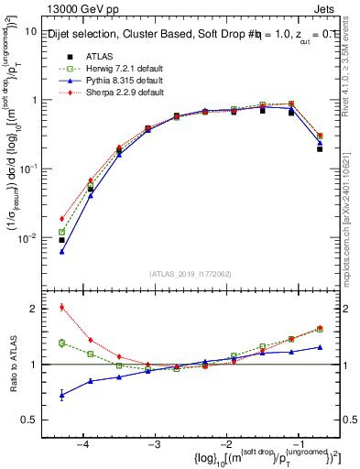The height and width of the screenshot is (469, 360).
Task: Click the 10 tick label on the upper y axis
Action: click(30, 31)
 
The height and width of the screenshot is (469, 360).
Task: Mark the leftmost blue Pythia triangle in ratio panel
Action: click(61, 395)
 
